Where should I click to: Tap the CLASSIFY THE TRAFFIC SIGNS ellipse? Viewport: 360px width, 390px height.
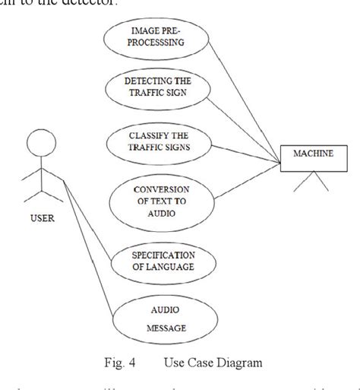[159, 144]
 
